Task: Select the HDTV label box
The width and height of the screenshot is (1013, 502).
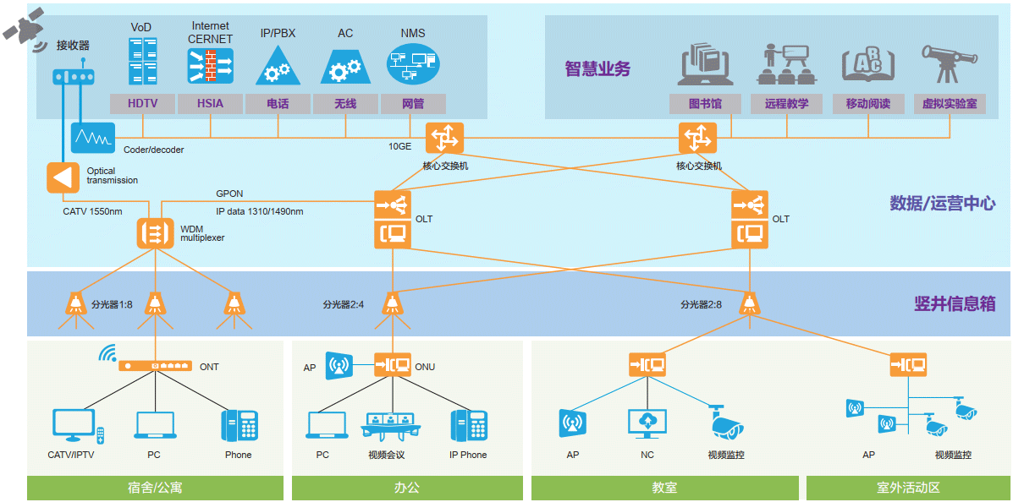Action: pyautogui.click(x=142, y=104)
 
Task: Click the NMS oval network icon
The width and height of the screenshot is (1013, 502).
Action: pyautogui.click(x=412, y=64)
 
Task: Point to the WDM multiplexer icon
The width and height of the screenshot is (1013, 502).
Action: pyautogui.click(x=154, y=232)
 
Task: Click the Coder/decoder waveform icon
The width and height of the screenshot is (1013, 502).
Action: pyautogui.click(x=92, y=137)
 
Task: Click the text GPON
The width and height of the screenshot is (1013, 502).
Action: pyautogui.click(x=229, y=194)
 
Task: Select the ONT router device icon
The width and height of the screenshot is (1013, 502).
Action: pyautogui.click(x=156, y=366)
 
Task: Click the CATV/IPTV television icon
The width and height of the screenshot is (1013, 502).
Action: pyautogui.click(x=74, y=425)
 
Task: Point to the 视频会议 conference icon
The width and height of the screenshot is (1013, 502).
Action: pyautogui.click(x=390, y=425)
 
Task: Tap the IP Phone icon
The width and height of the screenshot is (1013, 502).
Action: pyautogui.click(x=469, y=425)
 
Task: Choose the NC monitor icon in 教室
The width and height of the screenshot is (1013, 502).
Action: pyautogui.click(x=647, y=423)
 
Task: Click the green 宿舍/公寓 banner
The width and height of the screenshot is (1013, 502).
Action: pyautogui.click(x=155, y=488)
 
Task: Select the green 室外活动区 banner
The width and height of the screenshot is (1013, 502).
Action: pyautogui.click(x=908, y=488)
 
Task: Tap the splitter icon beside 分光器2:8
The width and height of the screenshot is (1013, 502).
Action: pyautogui.click(x=748, y=304)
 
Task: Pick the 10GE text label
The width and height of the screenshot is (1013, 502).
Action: pyautogui.click(x=399, y=146)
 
